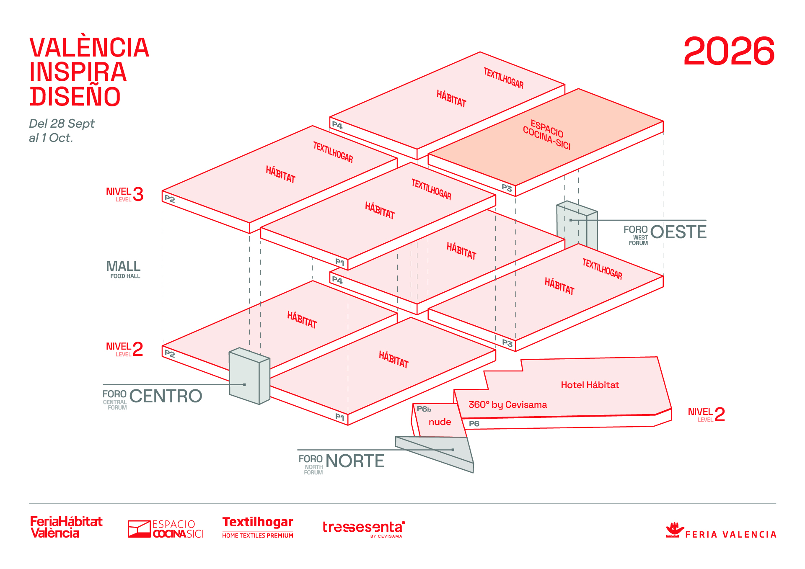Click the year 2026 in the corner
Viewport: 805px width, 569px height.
729,51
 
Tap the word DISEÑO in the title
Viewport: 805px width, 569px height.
75,96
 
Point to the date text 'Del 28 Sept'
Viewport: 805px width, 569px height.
62,124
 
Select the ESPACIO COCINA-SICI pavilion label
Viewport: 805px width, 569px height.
546,134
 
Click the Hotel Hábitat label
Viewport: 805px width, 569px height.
590,385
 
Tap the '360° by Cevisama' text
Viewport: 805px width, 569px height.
507,404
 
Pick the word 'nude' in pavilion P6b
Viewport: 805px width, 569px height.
440,422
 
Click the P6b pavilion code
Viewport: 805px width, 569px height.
424,409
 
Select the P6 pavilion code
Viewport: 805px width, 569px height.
474,423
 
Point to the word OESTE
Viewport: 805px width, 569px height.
678,232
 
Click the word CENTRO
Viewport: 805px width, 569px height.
166,396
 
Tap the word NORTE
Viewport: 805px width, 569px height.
355,461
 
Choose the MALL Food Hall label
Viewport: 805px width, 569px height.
124,269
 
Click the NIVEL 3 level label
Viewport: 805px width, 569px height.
124,194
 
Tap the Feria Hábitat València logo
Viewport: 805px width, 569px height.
66,527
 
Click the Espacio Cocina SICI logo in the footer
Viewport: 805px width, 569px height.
166,529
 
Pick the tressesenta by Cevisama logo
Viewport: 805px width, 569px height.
363,528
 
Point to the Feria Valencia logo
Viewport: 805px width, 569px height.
721,530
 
